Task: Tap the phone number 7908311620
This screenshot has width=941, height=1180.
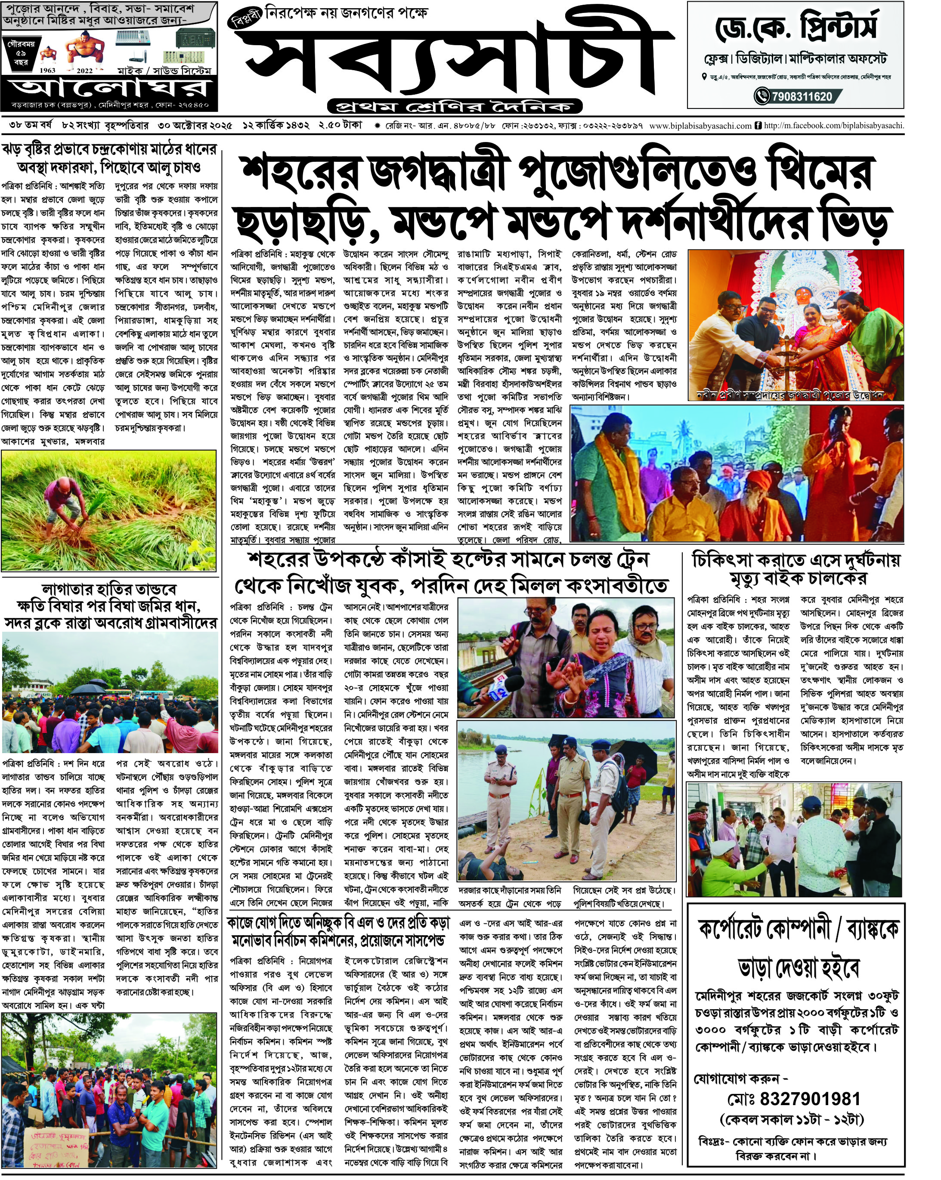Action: pyautogui.click(x=802, y=97)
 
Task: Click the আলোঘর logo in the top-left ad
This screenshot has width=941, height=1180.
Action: pyautogui.click(x=109, y=87)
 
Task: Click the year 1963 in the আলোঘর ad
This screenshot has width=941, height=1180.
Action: pyautogui.click(x=48, y=71)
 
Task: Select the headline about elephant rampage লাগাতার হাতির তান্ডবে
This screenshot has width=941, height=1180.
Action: pyautogui.click(x=109, y=590)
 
